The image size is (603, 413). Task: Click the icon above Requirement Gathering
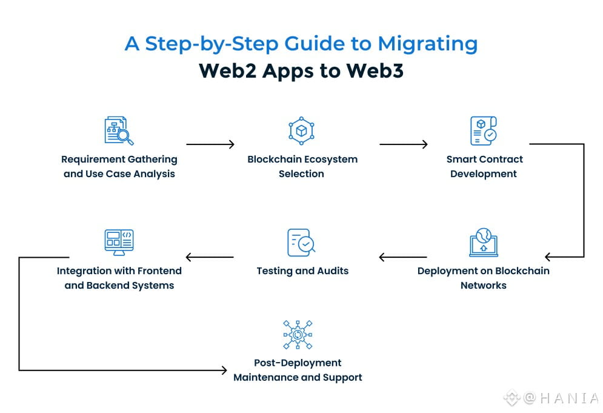coord(119,130)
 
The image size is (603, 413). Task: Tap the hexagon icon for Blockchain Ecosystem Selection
coord(301,130)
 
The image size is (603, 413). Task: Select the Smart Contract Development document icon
coord(484,130)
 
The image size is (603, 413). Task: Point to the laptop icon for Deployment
coord(484,243)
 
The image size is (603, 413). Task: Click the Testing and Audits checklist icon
coord(301,243)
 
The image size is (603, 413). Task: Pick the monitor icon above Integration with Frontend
coord(119,242)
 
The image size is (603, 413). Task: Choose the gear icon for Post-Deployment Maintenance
coord(298,335)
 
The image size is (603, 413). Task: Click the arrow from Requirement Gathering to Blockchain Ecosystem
coord(210,144)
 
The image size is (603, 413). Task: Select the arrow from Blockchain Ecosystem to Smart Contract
coord(403,144)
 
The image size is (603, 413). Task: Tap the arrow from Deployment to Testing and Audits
coord(402,257)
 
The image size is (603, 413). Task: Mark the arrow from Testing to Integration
coord(209,257)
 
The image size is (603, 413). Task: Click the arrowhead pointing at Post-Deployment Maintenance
coord(224,370)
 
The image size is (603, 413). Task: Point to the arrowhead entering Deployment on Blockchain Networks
coord(548,257)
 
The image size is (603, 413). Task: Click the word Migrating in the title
coord(427,44)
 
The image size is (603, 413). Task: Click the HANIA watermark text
coord(560,398)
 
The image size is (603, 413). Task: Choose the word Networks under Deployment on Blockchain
coord(483,285)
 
